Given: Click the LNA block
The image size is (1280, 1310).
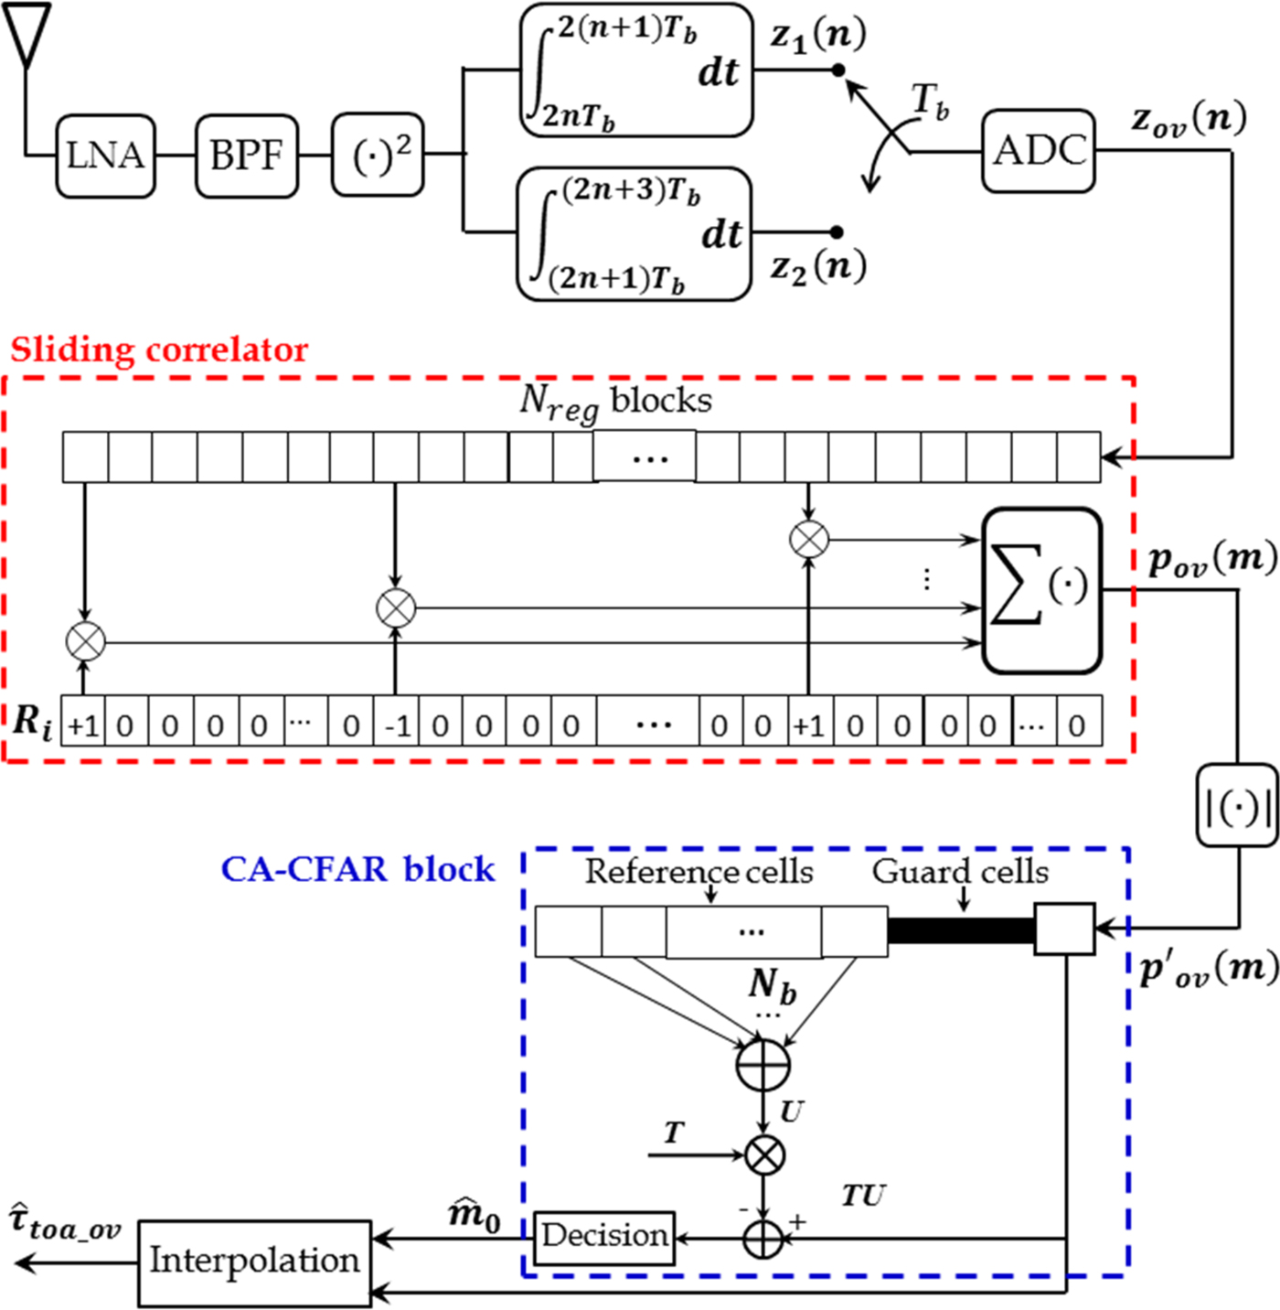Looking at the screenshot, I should pos(105,156).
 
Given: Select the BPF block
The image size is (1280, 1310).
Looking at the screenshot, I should pos(246,156).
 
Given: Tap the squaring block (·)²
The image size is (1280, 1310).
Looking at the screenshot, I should pos(378,156).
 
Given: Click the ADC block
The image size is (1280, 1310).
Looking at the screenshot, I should pos(1039,151).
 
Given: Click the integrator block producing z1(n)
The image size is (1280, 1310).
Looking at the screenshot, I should pos(636,71).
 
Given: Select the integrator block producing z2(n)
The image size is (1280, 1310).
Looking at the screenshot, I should pos(635,234).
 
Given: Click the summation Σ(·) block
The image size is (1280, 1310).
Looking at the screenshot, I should pos(1041,590).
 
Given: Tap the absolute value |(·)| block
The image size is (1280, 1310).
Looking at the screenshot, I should pos(1238,806).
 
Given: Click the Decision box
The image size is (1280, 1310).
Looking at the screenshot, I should pos(604,1238).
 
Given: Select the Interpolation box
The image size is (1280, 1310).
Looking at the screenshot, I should pos(255,1262).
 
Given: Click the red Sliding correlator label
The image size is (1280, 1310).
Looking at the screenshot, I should pos(159,349).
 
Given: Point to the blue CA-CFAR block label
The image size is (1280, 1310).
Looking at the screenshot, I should pos(357,869).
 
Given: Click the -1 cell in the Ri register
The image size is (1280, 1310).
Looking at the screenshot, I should pos(397,726).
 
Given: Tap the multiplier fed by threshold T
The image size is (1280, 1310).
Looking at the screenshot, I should pos(764,1155).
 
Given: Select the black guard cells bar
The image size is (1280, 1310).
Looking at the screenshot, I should pos(960,930).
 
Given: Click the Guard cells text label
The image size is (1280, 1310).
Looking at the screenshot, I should pos(960,872).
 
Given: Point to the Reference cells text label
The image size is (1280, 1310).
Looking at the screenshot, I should pos(699,872).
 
